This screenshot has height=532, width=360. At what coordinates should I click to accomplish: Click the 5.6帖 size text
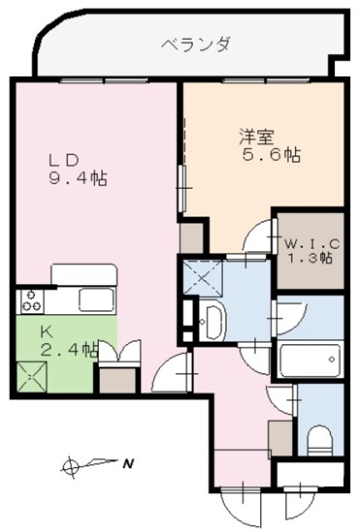(270, 155)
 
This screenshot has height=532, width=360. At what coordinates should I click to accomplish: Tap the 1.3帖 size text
(310, 259)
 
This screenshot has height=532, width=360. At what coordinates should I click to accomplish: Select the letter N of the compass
(128, 464)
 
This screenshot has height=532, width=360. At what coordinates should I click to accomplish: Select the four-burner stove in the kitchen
(32, 300)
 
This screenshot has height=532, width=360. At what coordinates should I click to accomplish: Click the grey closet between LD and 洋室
(192, 238)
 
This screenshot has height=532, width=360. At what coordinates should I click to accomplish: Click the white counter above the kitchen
(81, 273)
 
